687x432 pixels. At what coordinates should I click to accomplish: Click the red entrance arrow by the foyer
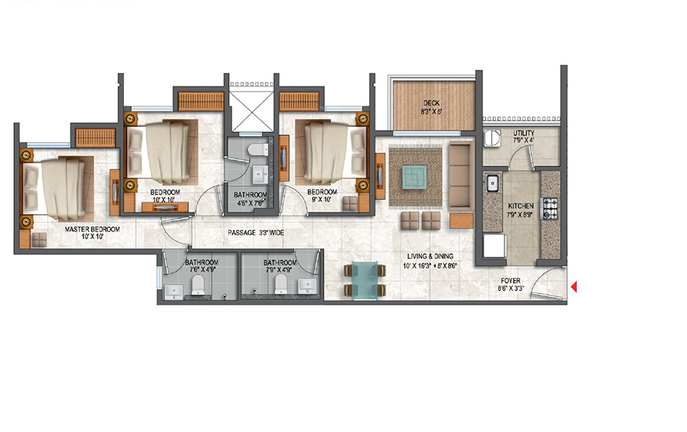pyautogui.click(x=575, y=286)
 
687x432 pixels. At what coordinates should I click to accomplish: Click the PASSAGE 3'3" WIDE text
pyautogui.click(x=256, y=232)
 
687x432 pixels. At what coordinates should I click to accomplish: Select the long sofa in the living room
pyautogui.click(x=461, y=175)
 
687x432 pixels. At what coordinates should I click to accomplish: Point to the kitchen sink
pyautogui.click(x=493, y=183)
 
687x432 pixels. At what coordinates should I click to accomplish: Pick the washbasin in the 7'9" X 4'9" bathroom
pyautogui.click(x=307, y=285)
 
